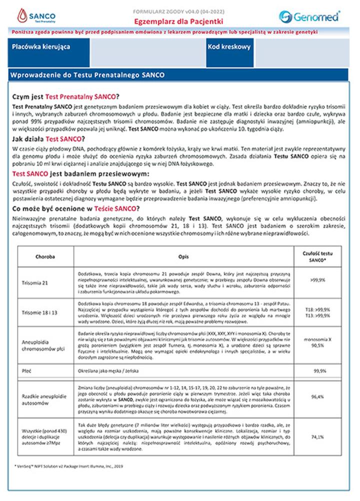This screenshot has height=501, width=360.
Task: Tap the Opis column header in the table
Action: (x=183, y=255)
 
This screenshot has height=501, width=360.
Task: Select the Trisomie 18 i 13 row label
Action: (x=39, y=313)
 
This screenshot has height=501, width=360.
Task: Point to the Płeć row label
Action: (x=28, y=371)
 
